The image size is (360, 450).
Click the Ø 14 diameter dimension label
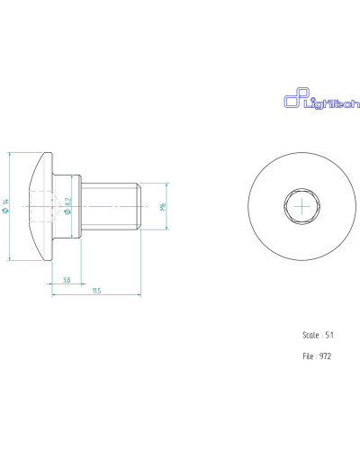[5, 206]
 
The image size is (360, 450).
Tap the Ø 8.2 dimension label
[68, 206]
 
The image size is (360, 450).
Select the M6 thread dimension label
[163, 206]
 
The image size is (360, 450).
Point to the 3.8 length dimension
[67, 280]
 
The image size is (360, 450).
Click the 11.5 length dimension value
[96, 291]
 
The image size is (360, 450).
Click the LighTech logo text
[332, 103]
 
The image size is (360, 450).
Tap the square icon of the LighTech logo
[296, 97]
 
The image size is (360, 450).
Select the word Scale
[310, 335]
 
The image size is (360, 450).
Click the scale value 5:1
[329, 335]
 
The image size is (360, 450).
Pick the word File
[308, 356]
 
